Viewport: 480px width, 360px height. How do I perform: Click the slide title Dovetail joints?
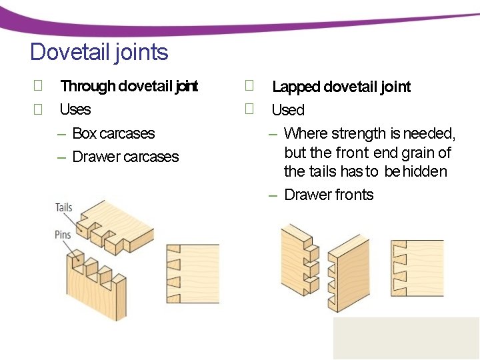coord(99,52)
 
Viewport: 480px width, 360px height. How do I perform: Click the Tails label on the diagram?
coord(64,207)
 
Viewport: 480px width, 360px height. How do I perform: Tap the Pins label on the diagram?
coord(64,234)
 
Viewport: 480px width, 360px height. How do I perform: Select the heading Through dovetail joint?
coord(129,86)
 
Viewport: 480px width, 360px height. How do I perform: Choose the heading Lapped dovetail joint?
coord(341,87)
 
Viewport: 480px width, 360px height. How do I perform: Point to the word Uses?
coord(75,109)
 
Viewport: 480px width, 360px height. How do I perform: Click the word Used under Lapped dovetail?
coord(288,110)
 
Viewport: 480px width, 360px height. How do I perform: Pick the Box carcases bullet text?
coord(113,133)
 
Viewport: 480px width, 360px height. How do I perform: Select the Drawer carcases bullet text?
coord(125,157)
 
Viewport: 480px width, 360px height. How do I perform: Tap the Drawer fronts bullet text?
coord(329,195)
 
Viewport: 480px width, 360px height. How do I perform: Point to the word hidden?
coord(425,171)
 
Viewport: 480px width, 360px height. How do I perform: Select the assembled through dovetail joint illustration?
coord(192,273)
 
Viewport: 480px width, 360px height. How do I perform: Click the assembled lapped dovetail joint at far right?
coord(417,267)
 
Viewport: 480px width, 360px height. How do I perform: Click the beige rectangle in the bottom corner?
coord(406,338)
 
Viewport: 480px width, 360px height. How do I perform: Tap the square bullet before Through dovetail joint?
coord(38,85)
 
